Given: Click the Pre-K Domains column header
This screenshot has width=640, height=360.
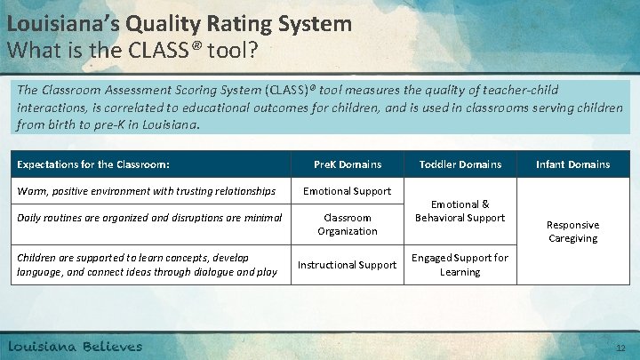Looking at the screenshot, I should pos(348,164).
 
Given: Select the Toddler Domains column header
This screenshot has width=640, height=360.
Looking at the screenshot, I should pos(460,164).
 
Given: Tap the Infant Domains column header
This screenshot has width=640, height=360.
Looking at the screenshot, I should pos(572,164).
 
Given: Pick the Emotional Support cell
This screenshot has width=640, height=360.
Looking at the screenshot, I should pos(348,191).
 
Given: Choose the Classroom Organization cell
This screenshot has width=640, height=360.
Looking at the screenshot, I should pos(348,224).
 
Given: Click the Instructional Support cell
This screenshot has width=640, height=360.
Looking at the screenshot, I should pos(348,265).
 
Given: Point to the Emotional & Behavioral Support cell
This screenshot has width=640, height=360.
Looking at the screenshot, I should pos(460,211).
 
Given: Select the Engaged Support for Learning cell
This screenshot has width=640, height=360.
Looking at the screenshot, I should pos(460,265).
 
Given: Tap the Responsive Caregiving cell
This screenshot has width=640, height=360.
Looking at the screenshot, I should pos(572,232).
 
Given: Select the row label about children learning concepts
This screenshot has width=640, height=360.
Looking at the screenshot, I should pos(148,265).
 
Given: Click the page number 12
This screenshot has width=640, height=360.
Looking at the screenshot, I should pos(620,348).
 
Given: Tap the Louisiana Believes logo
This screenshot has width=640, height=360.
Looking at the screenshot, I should pos(76,346).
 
